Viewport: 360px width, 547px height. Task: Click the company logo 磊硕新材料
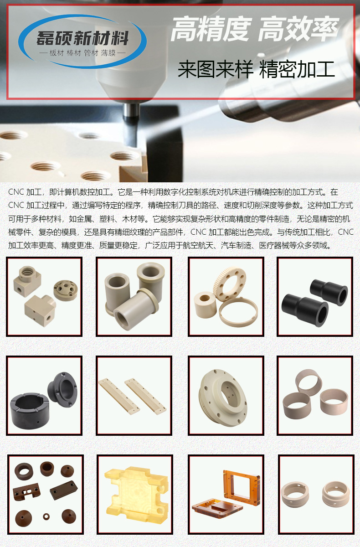click(x=82, y=38)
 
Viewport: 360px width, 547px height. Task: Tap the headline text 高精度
click(x=210, y=30)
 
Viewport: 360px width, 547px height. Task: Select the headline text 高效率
click(x=298, y=30)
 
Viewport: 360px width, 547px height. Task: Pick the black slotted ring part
click(x=30, y=407)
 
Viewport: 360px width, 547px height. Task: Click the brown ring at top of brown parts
click(x=23, y=470)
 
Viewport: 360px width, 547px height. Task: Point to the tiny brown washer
click(x=46, y=516)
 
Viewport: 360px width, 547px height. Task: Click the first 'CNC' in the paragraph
click(x=16, y=192)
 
